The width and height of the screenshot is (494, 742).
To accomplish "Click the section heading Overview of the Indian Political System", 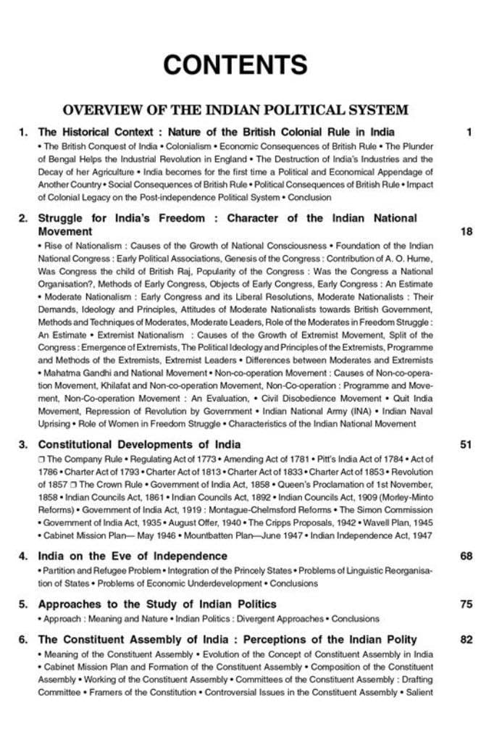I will coord(235,110).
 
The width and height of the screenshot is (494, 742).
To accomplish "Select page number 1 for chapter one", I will coord(469,132).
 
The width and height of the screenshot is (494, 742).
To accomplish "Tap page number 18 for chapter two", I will coord(466,232).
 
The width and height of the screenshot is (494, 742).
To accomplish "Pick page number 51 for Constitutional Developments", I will coord(466,444).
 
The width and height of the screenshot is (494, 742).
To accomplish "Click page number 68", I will coord(466,556).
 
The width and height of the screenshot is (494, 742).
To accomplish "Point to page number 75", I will coord(466,604).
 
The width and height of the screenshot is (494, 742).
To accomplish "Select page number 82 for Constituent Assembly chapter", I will coord(466,639).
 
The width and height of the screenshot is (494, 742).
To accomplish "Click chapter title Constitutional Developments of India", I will coord(139,444).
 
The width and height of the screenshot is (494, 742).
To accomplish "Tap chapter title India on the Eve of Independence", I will coord(133,556).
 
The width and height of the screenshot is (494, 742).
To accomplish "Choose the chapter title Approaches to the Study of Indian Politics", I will coord(157,604).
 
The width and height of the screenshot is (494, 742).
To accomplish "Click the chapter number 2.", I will coord(23,218).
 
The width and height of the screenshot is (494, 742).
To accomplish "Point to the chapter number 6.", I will coord(23,639).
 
